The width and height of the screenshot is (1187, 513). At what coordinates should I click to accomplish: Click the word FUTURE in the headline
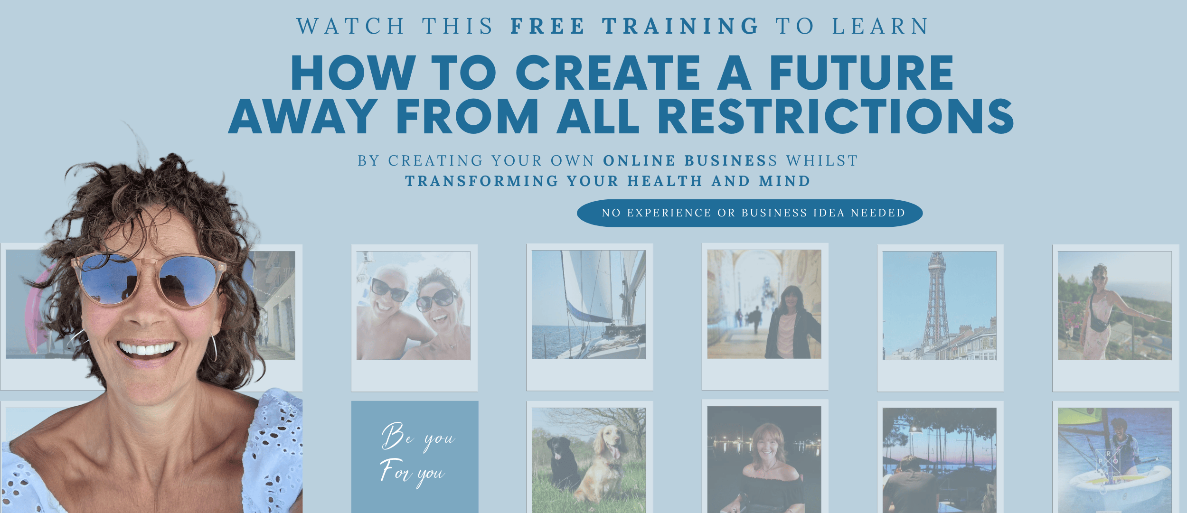[x=861, y=72]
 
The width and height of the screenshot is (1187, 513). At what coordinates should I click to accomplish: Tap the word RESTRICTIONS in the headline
[x=836, y=116]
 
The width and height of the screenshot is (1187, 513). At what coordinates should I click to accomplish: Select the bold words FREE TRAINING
[x=635, y=26]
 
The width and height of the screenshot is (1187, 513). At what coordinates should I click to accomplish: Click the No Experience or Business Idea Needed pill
[x=750, y=213]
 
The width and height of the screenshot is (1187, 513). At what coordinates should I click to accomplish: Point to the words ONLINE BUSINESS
[x=690, y=161]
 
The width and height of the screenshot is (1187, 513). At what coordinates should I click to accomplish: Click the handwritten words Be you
[x=418, y=437]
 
